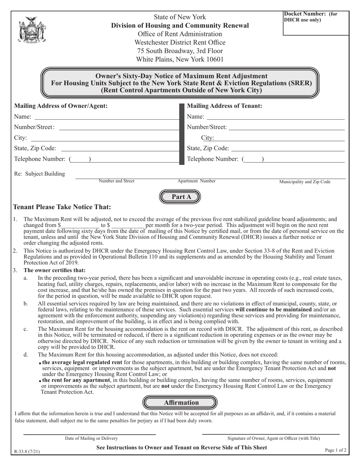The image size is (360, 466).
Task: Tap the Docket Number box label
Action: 310,17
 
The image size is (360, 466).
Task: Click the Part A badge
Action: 180,196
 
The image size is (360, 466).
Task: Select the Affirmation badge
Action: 180,402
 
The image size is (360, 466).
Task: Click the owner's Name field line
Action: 106,118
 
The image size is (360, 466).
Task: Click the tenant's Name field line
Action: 275,118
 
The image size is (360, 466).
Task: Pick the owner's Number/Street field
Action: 119,129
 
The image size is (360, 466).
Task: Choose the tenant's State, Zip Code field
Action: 288,150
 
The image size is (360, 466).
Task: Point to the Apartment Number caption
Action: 196,181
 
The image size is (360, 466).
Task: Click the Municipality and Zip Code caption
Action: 305,182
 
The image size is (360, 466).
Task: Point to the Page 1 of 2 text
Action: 336,450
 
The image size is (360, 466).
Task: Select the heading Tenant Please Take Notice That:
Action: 62,207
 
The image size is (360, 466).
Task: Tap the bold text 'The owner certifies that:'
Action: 55,270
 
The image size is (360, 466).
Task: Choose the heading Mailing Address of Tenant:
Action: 224,106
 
